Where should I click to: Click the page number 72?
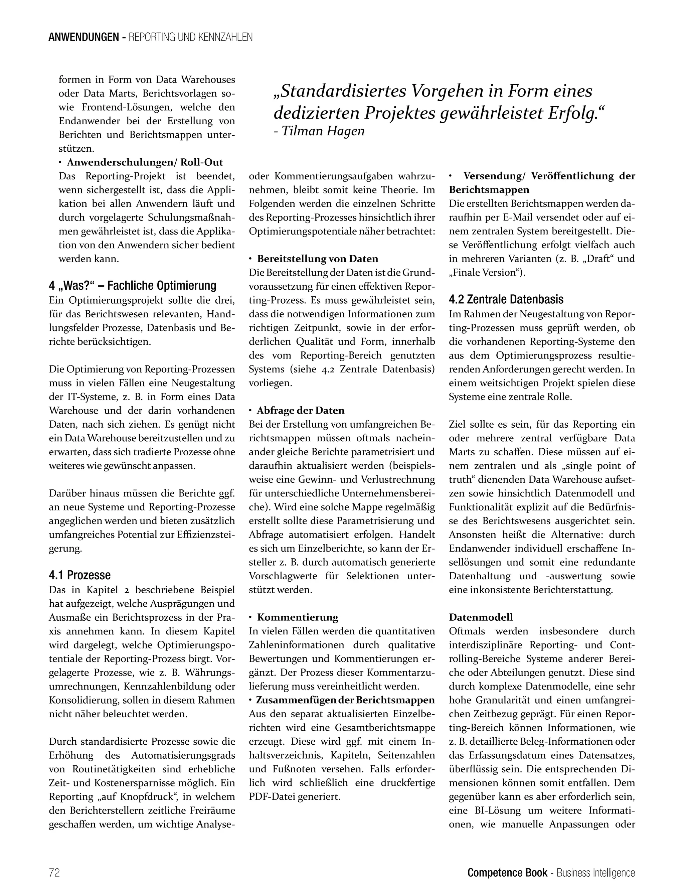tap(54, 872)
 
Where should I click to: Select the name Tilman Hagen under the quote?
tap(323, 131)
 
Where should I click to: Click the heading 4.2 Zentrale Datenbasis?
tap(506, 299)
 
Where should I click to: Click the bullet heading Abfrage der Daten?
tap(301, 410)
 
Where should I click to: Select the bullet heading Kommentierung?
tap(297, 617)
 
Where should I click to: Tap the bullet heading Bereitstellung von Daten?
tap(318, 259)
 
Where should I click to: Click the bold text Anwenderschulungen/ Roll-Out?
tap(145, 162)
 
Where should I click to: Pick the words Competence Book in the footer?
tap(507, 872)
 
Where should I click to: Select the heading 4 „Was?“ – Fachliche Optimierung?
tap(132, 286)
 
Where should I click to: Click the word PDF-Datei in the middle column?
tap(272, 796)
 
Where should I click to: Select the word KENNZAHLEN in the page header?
tap(225, 37)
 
